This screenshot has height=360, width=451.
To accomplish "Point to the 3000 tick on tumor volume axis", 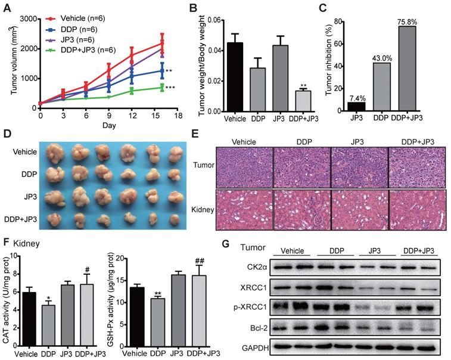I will (28, 20).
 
